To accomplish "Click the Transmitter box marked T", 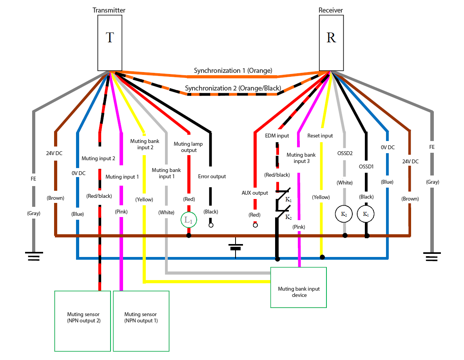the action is coord(110,43).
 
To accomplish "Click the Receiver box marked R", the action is coord(331,43).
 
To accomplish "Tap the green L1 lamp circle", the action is coord(188,220).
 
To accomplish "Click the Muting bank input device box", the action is coord(298,288).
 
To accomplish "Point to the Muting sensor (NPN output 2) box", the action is coord(83,321).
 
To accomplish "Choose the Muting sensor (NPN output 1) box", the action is coord(141,321).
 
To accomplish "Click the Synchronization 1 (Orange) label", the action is coord(233,71).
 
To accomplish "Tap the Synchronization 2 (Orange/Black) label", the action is coord(233,88).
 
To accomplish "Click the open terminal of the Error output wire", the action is coord(211,225).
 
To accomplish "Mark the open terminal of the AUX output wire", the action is coord(256,225).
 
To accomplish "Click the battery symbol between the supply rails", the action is coord(236,247).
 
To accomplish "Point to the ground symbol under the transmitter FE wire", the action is coord(34,256).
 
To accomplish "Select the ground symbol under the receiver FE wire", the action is coord(432,257).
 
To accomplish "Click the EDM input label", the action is coord(277,136).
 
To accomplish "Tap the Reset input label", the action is coord(320,136).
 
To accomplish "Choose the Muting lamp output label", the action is coord(188,147).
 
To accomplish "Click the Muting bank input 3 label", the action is coord(301,158).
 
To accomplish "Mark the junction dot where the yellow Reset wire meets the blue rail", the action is coord(322,257).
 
